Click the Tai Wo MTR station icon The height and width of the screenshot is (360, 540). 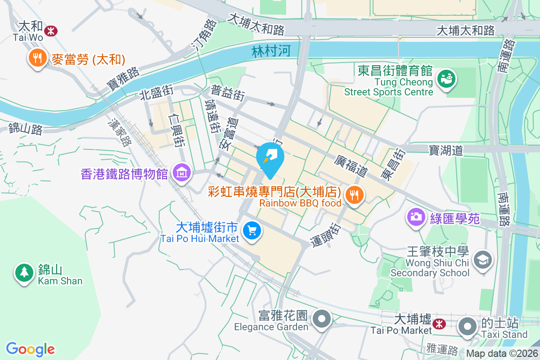[52, 31]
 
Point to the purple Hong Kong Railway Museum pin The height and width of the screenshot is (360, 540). [182, 173]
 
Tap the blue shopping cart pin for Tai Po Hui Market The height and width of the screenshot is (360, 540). [252, 231]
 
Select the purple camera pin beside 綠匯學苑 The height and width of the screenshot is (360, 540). [417, 217]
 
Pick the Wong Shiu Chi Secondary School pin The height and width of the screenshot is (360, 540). [483, 260]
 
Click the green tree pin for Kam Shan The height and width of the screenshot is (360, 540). [23, 272]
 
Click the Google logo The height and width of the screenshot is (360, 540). [30, 349]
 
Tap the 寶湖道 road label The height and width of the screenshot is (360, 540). [445, 150]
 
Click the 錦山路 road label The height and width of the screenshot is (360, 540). [26, 130]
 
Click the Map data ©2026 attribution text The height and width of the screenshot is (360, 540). [502, 354]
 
